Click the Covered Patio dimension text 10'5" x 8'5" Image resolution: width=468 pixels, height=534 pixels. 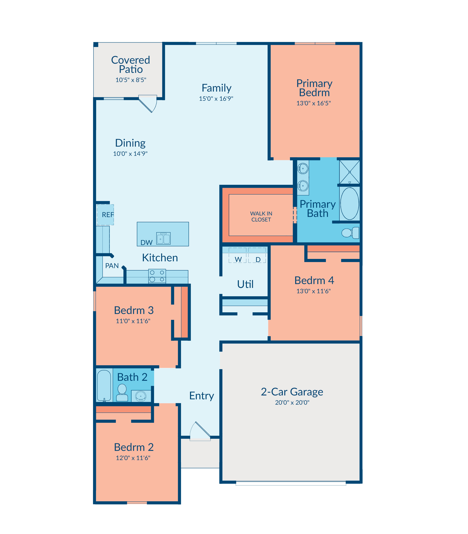coord(131,80)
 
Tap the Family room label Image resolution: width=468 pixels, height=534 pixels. coord(217,88)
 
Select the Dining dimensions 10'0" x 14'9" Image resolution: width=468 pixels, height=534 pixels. coord(130,154)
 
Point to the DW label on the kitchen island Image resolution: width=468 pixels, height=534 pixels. coord(146,243)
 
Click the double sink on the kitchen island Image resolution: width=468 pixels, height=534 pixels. coord(164,238)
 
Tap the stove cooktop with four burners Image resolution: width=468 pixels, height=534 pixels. coord(157,276)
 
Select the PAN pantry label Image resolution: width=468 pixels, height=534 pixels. coord(112,266)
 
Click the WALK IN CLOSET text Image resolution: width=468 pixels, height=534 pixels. coord(261,217)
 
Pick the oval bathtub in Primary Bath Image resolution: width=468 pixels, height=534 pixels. coord(350,204)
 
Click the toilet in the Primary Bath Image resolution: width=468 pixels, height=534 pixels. coord(350,232)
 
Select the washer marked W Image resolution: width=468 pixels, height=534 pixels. coord(238,255)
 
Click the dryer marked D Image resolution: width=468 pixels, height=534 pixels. coord(257,255)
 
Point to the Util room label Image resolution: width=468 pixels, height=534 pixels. coord(245,284)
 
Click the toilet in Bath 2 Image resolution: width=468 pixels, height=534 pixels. coord(122,393)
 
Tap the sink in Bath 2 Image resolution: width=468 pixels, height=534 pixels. coord(141,396)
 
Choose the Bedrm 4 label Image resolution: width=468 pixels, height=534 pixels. coord(314,280)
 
